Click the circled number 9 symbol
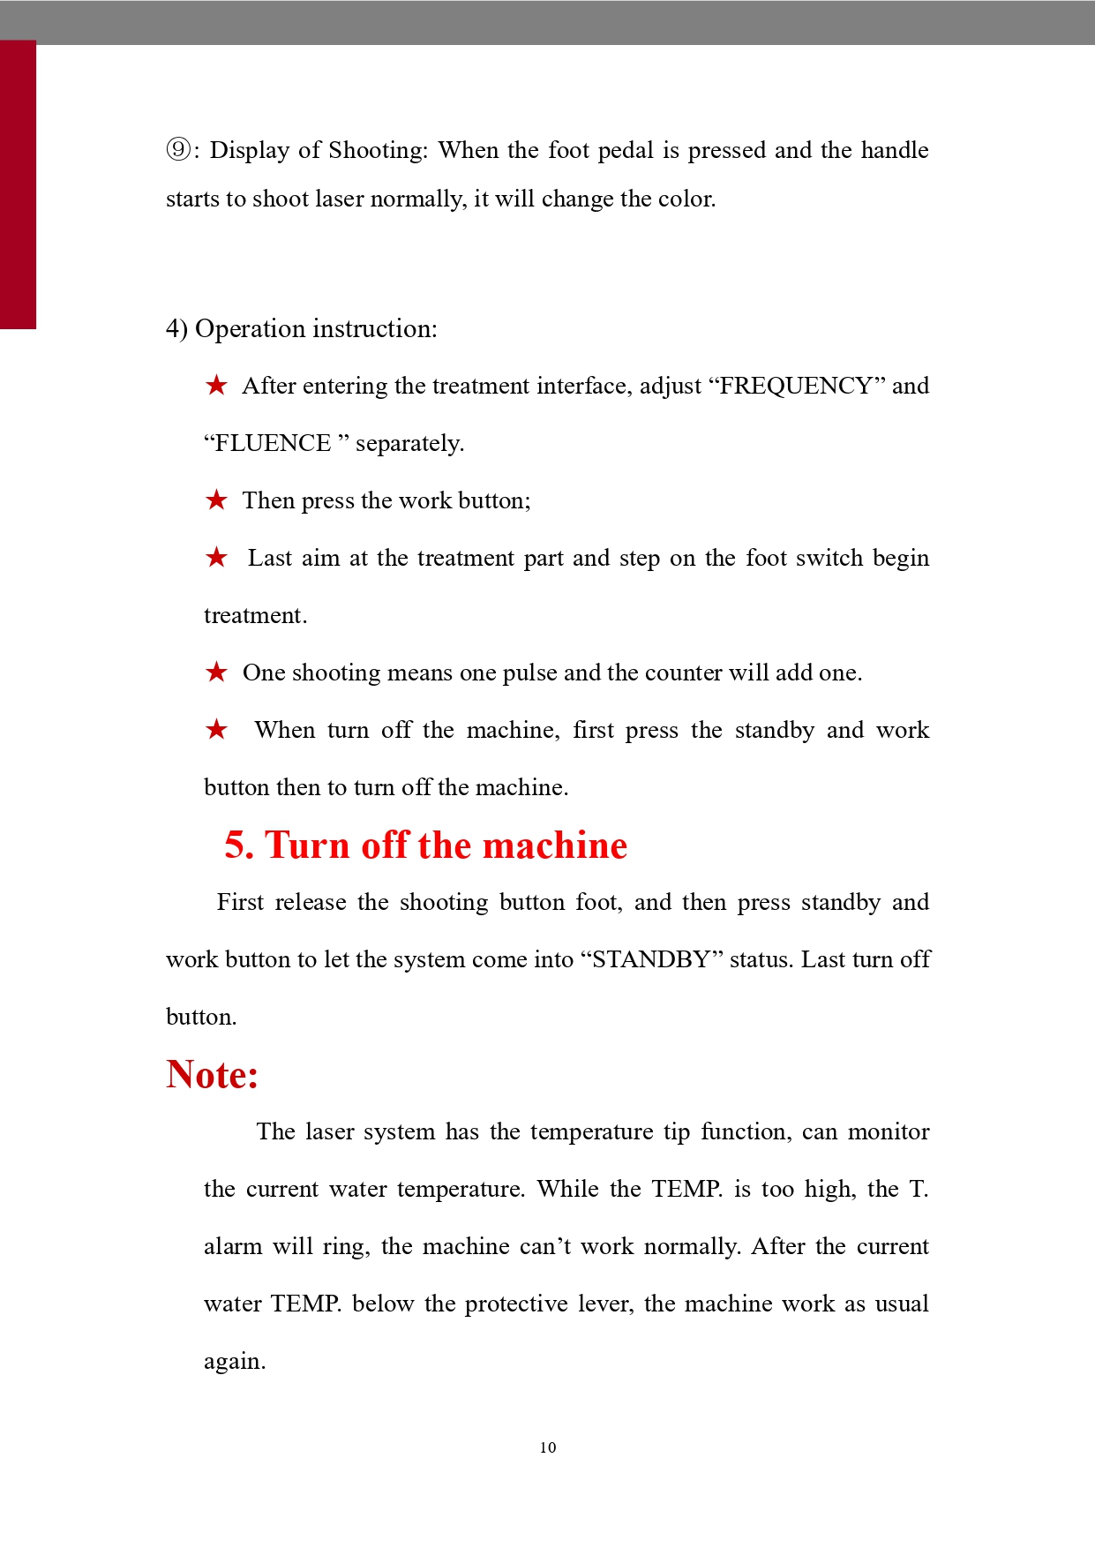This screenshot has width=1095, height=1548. (178, 150)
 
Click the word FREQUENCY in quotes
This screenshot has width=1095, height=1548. (796, 386)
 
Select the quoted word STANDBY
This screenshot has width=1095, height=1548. (651, 959)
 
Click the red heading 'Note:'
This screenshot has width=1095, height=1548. (212, 1075)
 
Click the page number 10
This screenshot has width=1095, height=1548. (548, 1447)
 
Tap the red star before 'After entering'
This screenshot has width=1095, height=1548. (216, 386)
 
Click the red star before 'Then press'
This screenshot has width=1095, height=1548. (216, 500)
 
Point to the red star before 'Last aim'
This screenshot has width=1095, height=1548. (216, 558)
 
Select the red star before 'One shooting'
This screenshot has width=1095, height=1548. (216, 673)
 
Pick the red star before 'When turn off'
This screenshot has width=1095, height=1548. (216, 730)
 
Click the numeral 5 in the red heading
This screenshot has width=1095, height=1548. (236, 845)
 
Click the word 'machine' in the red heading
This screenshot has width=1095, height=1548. (555, 845)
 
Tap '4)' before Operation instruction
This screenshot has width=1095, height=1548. (176, 329)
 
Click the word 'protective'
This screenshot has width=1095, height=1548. (516, 1304)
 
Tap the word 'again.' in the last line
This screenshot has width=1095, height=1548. (235, 1362)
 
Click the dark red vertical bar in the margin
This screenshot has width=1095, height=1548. (18, 185)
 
